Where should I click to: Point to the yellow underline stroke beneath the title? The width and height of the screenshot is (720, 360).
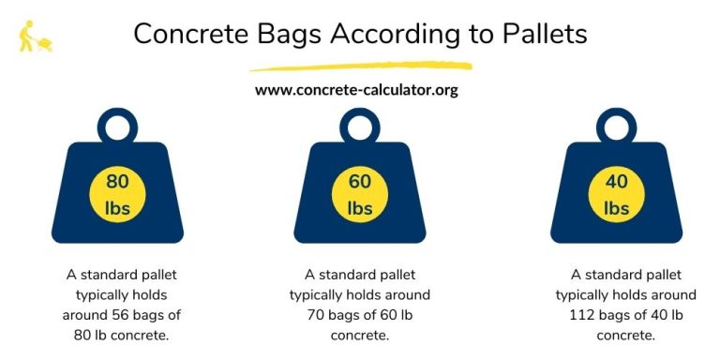click(x=360, y=67)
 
